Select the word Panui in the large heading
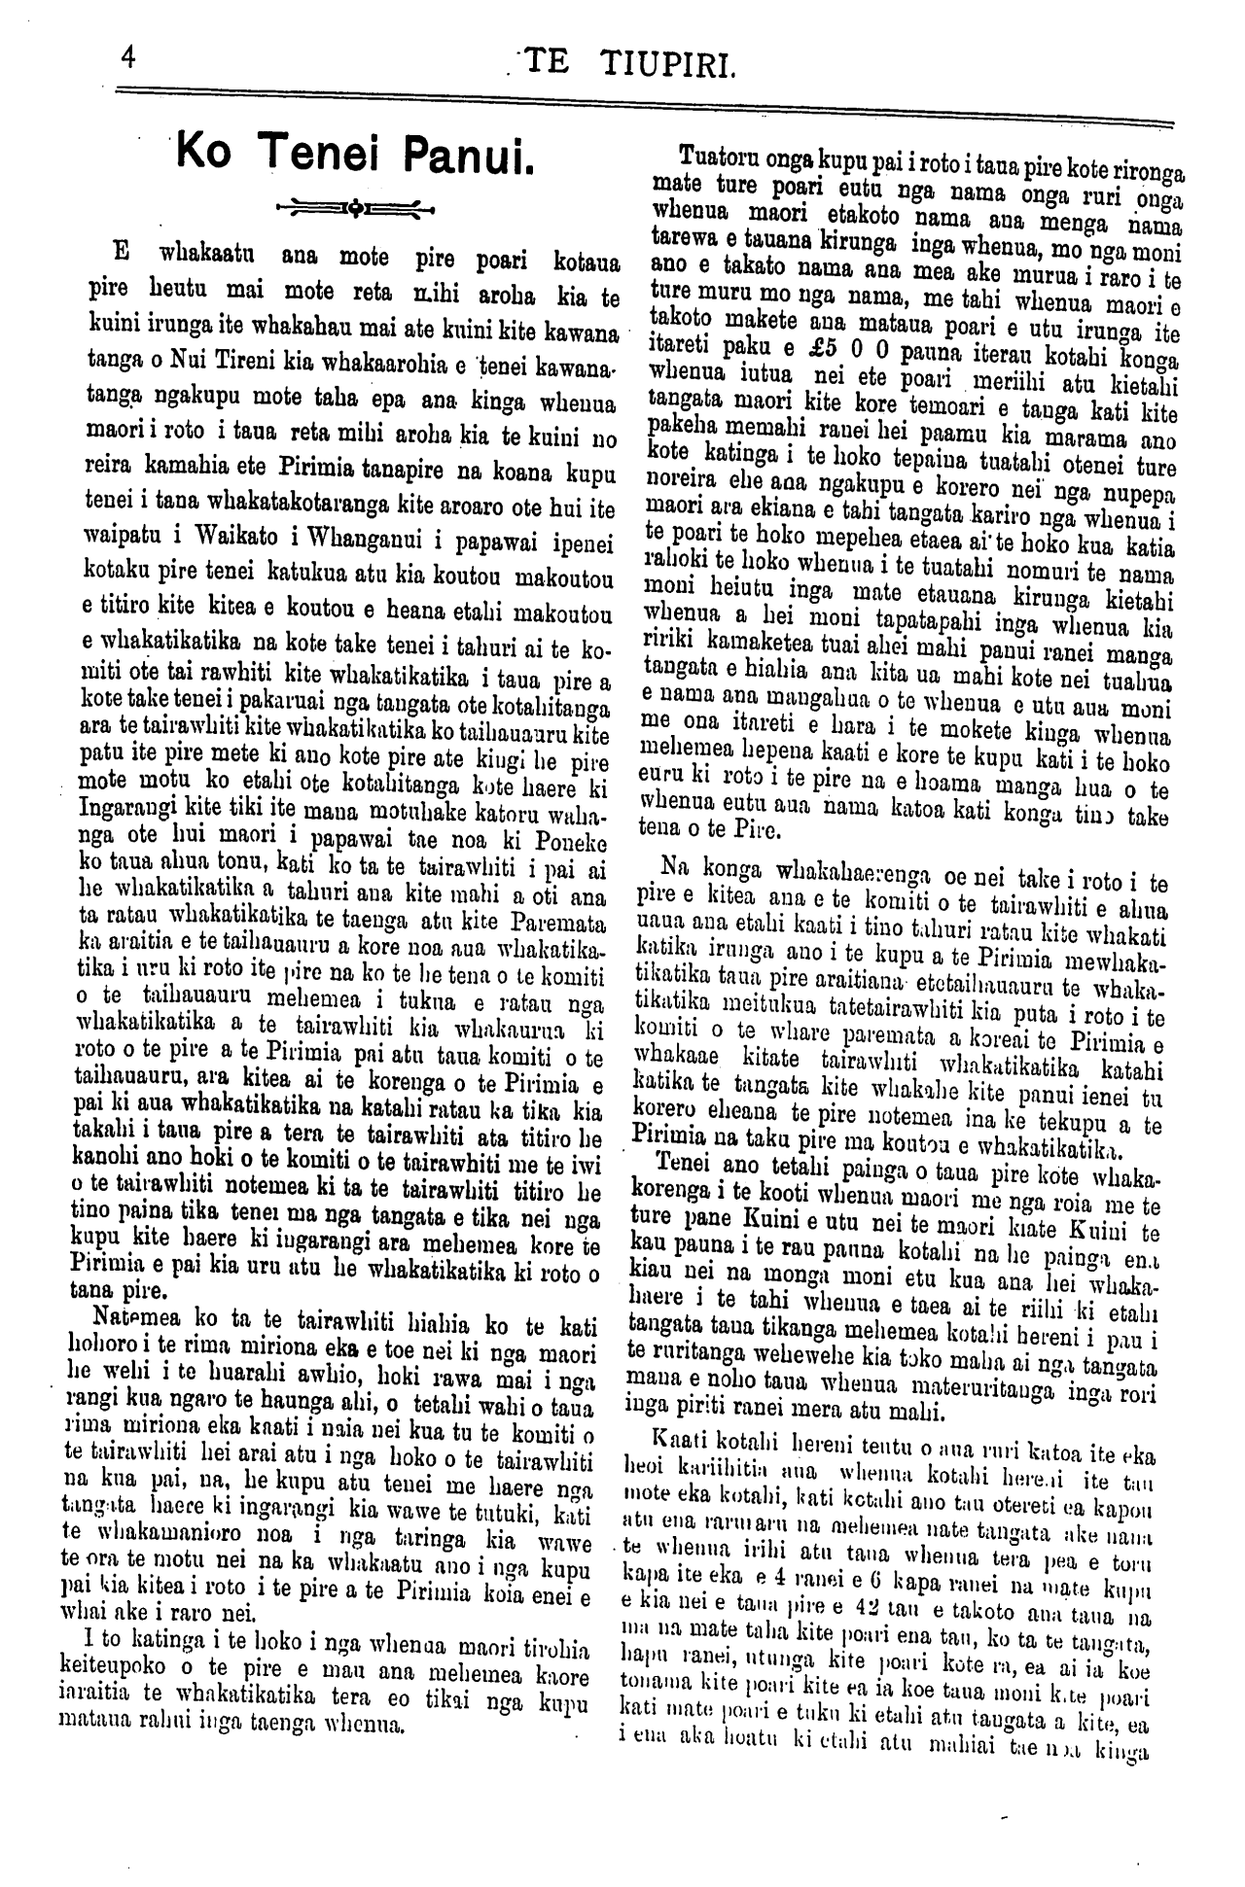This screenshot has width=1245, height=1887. pyautogui.click(x=468, y=156)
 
